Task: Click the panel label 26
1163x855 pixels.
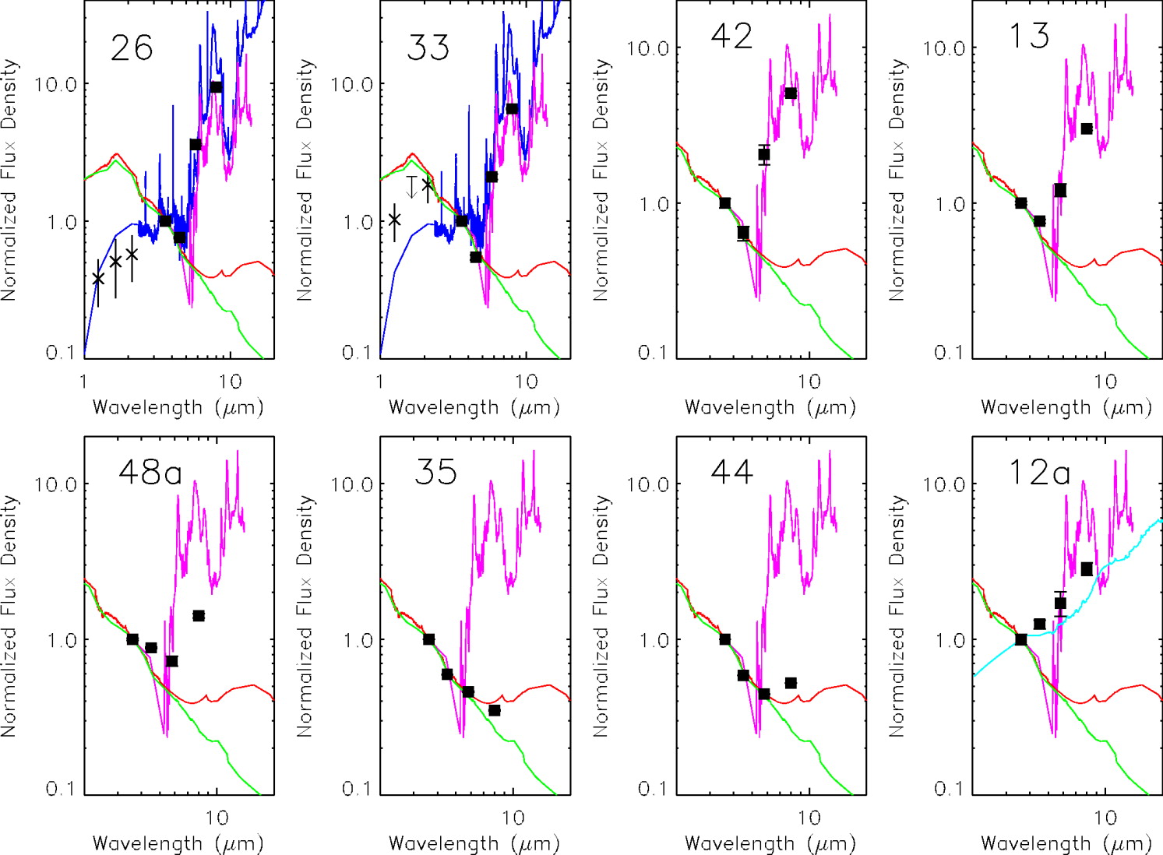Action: [x=132, y=48]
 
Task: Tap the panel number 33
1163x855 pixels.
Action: [x=428, y=48]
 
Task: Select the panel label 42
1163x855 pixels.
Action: [x=731, y=36]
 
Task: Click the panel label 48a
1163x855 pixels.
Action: [x=150, y=472]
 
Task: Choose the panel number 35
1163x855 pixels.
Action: [x=435, y=472]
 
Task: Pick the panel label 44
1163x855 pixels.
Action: [x=731, y=472]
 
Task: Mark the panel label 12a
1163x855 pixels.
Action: [x=1039, y=472]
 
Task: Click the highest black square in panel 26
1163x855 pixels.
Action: [x=216, y=87]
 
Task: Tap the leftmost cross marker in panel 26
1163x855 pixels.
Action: [x=98, y=279]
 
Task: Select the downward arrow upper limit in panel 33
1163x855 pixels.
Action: [x=412, y=187]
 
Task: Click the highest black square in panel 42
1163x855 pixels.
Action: [x=791, y=93]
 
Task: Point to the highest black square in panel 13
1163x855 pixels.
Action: [x=1087, y=128]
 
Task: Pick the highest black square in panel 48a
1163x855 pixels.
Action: [x=199, y=616]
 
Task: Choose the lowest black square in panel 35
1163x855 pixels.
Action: [x=495, y=710]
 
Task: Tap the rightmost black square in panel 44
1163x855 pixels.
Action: [x=791, y=683]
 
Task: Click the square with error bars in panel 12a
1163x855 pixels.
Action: [x=1060, y=603]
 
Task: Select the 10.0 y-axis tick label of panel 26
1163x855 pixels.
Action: [x=56, y=84]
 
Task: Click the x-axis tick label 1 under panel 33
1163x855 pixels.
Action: [x=380, y=382]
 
